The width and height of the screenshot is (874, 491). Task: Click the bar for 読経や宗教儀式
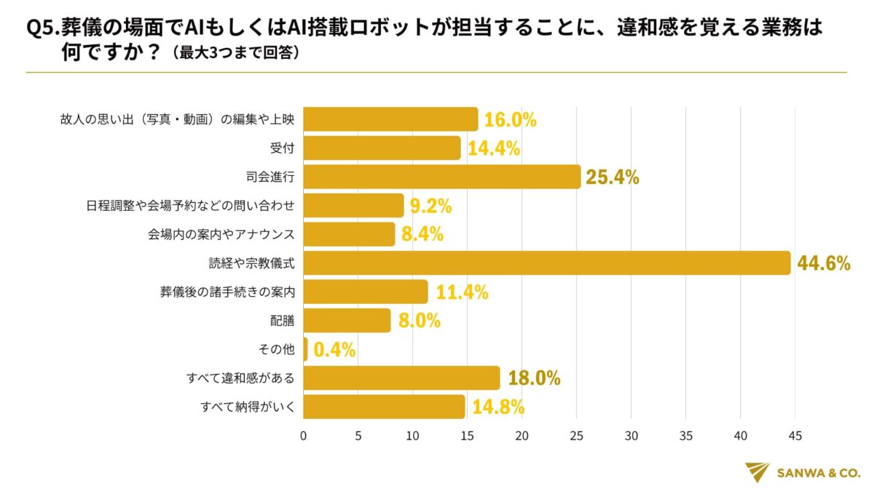(546, 263)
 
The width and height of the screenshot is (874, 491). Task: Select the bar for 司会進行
(441, 177)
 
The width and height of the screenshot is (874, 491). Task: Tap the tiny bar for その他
(305, 349)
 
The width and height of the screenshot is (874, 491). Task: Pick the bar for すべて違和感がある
(401, 378)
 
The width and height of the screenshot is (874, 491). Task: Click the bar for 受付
(382, 148)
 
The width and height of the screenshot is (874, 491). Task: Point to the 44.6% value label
(824, 263)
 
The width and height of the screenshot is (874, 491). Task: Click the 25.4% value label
(613, 177)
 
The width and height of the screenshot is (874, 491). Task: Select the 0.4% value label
(334, 350)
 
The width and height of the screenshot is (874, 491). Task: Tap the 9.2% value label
(430, 206)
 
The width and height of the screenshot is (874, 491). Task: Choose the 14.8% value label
(498, 407)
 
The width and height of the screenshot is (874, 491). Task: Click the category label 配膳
(283, 321)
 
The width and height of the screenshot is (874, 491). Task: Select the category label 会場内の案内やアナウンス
(221, 234)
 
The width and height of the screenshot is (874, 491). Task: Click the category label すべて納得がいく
(248, 407)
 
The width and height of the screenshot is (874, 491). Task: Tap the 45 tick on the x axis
(795, 436)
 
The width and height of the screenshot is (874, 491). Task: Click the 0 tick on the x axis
(303, 436)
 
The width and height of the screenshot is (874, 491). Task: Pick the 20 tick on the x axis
(521, 436)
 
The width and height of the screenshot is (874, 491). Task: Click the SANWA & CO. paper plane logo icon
(757, 471)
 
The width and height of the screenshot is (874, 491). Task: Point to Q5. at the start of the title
(42, 28)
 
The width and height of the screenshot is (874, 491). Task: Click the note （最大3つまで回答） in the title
(232, 53)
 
